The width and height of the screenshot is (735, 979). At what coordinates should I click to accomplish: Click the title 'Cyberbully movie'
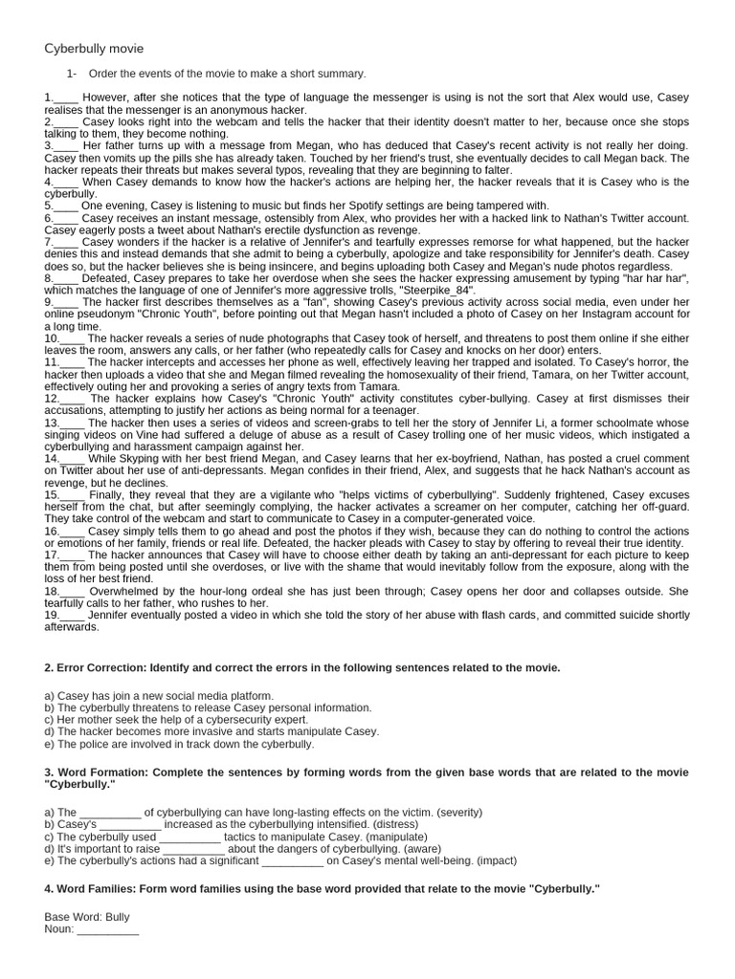coord(94,49)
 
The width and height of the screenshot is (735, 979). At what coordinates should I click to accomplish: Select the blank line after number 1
coord(66,98)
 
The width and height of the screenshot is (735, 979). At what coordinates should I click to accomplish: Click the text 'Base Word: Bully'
coord(87,917)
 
